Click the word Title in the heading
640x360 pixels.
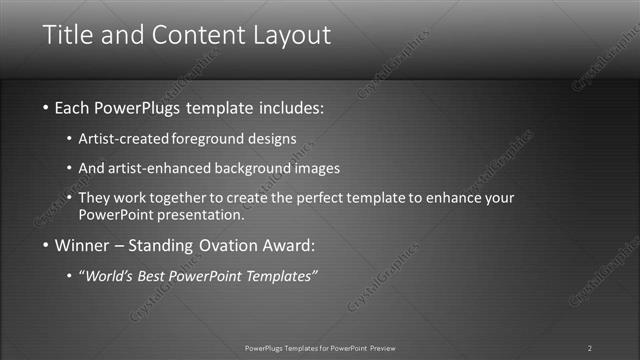tap(72, 35)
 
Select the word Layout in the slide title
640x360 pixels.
tap(286, 36)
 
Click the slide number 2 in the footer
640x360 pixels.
tap(589, 348)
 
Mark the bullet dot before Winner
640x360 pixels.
tap(46, 245)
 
